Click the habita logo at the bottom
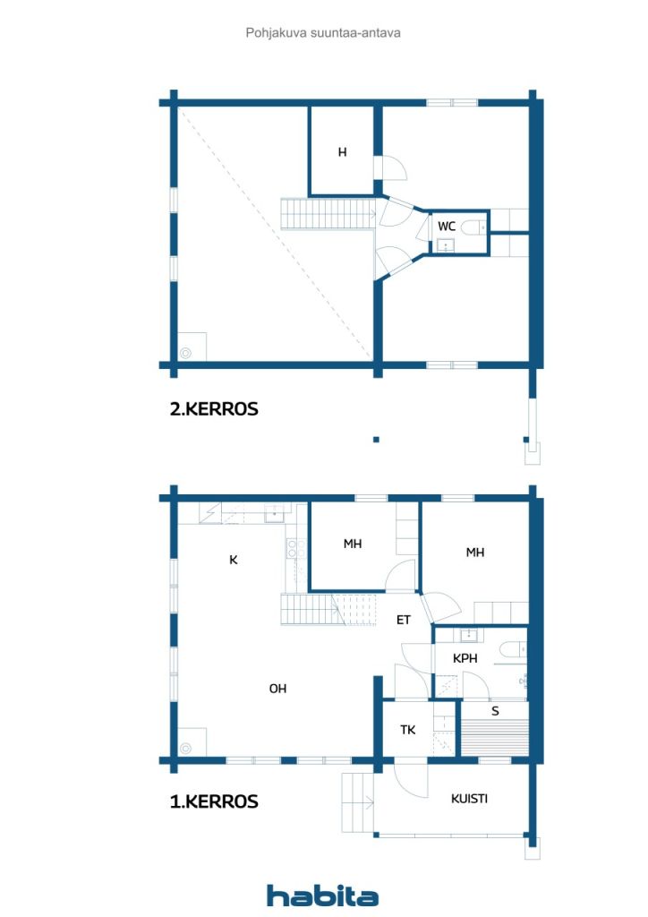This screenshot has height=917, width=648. (322, 896)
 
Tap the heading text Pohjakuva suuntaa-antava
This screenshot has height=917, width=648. (323, 33)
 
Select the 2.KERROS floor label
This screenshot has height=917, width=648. (214, 409)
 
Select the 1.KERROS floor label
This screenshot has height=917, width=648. (214, 801)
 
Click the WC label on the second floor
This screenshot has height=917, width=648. (447, 227)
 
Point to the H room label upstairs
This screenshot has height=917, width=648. (342, 152)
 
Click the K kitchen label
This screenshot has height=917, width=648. (234, 560)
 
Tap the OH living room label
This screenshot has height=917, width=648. (278, 689)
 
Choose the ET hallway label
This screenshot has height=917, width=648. (404, 620)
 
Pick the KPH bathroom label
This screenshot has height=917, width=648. (465, 658)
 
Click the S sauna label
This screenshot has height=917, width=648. (495, 711)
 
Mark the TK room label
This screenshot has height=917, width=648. (408, 730)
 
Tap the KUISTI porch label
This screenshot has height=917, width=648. (469, 799)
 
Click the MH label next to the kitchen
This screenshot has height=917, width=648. (352, 544)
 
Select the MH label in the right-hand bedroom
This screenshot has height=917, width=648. (474, 553)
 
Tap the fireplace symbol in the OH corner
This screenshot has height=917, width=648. (186, 748)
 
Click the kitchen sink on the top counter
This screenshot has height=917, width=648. (274, 513)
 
